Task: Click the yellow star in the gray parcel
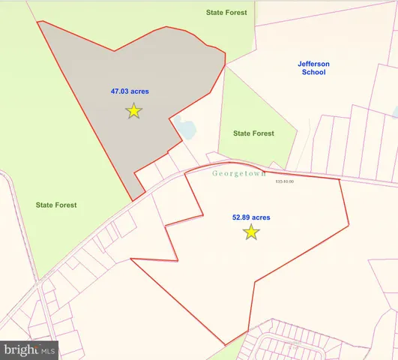[133, 111]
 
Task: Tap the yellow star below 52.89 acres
[251, 232]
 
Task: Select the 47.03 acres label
[130, 92]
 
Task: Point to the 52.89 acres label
[251, 217]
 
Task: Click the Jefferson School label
[313, 68]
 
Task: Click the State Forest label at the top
[227, 13]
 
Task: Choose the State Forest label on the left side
[56, 204]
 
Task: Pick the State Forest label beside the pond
[253, 133]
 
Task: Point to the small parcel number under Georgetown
[285, 181]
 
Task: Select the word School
[313, 73]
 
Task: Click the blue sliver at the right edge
[395, 112]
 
